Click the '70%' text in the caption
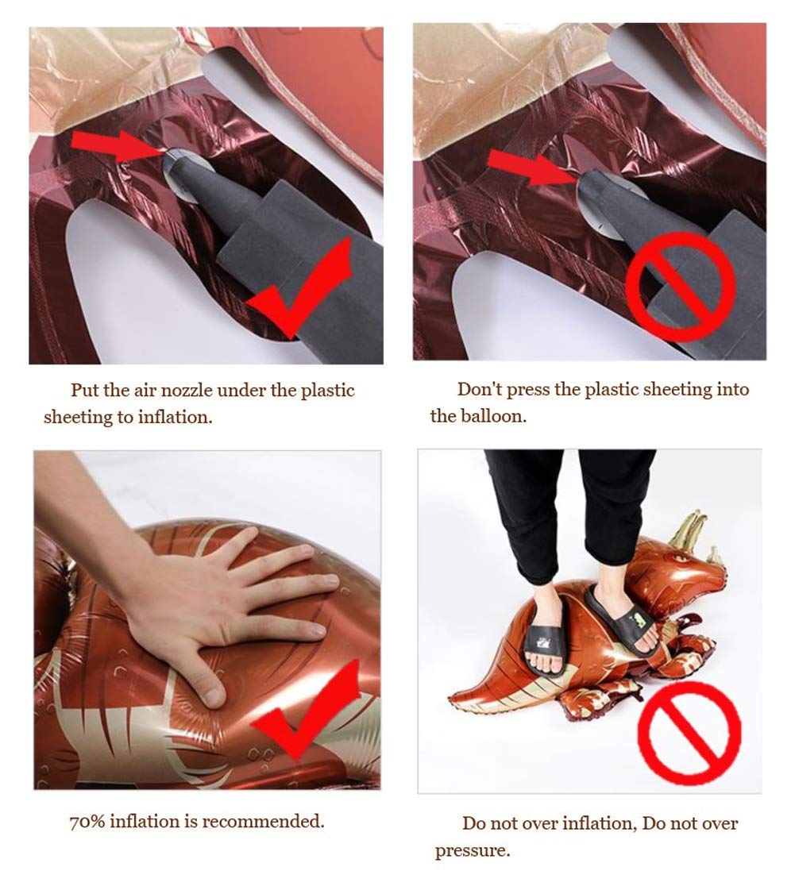click(87, 822)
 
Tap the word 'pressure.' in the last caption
click(473, 851)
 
